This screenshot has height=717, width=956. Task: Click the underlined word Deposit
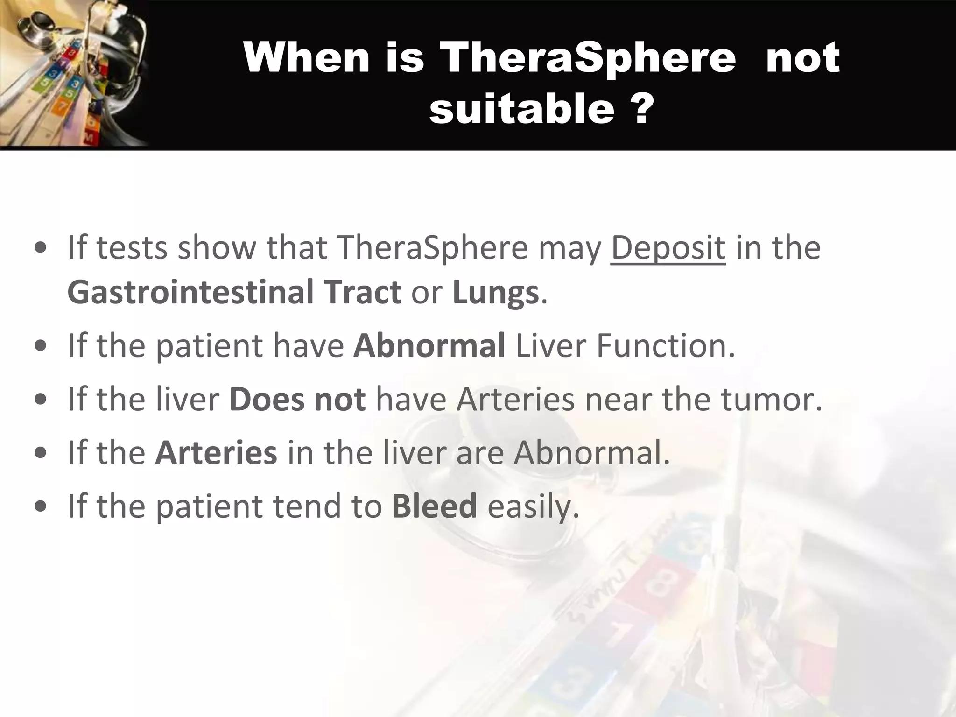[668, 247]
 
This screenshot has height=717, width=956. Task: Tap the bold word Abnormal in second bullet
[429, 345]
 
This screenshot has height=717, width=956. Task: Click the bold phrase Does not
[297, 399]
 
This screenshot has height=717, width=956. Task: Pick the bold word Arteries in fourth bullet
[216, 453]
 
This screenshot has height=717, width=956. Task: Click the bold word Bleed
[434, 506]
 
